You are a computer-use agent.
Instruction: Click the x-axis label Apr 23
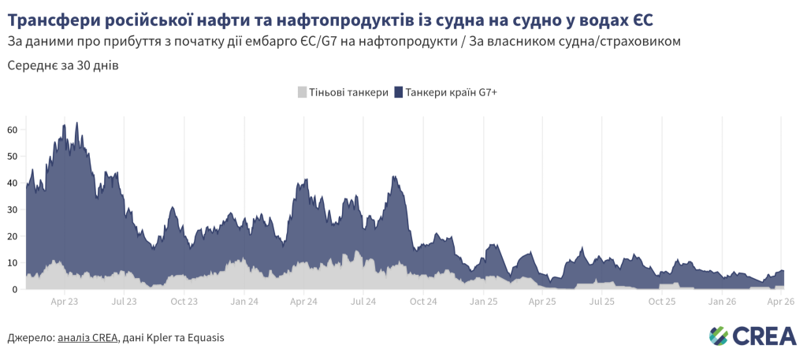point(64,301)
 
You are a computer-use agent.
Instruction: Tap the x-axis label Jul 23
point(125,301)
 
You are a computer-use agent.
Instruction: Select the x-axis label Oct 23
point(184,301)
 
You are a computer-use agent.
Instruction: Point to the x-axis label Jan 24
point(244,301)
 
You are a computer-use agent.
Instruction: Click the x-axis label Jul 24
point(363,301)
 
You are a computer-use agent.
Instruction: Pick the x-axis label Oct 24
point(423,301)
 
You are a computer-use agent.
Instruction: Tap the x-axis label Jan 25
point(484,301)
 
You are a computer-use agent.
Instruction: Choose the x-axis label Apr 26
point(780,301)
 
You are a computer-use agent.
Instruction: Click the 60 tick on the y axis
point(12,129)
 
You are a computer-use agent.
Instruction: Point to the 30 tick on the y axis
point(12,210)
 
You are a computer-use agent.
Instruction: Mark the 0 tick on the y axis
point(14,290)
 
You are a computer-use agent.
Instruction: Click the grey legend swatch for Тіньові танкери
point(303,92)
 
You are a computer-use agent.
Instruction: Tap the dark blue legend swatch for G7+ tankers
point(399,92)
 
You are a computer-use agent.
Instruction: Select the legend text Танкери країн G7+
point(451,92)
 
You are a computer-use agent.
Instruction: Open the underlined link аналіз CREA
point(87,338)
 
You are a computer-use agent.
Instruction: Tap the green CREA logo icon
point(718,336)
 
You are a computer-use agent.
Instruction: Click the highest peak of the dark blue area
point(76,123)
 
